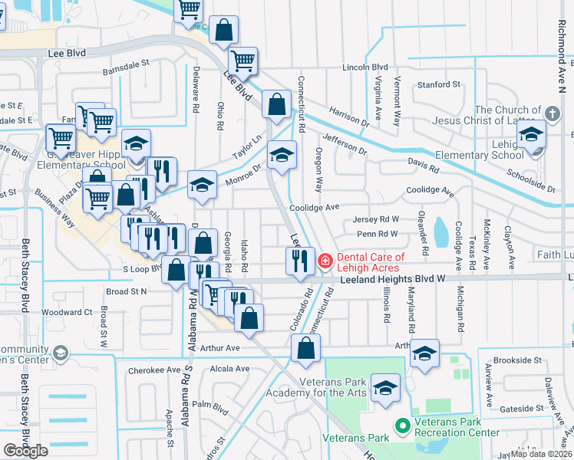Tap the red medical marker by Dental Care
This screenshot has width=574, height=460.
pyautogui.click(x=325, y=262)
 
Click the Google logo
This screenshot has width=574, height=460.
pyautogui.click(x=25, y=451)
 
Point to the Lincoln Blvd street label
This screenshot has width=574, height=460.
pyautogui.click(x=364, y=67)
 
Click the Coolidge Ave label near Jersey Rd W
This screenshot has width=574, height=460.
pyautogui.click(x=314, y=207)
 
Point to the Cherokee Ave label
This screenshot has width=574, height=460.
pyautogui.click(x=149, y=370)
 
